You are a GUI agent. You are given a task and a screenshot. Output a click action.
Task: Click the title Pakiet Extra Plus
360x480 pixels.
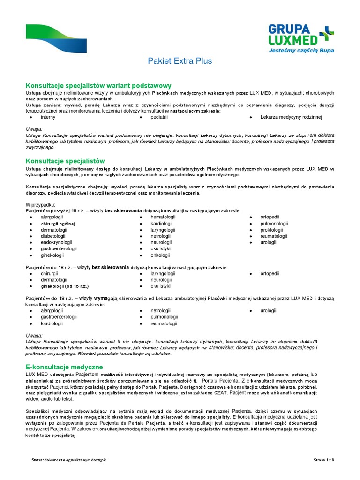click(x=180, y=61)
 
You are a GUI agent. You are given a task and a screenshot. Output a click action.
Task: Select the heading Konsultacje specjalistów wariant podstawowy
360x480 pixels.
click(x=98, y=86)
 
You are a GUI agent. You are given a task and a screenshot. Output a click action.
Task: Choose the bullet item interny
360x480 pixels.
click(x=48, y=117)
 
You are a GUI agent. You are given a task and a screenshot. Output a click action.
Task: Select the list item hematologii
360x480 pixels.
click(x=163, y=217)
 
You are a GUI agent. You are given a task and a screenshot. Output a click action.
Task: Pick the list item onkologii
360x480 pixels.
click(x=160, y=255)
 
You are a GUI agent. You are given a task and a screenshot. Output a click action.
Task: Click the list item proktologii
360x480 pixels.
click(x=275, y=230)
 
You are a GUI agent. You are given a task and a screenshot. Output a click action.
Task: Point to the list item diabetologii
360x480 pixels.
click(x=54, y=236)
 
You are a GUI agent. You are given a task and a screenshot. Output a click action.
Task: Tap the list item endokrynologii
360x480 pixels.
click(x=57, y=243)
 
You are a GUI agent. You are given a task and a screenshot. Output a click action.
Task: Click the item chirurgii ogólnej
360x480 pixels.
click(x=58, y=224)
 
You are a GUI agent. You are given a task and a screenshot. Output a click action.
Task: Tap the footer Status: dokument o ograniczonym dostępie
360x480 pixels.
click(x=66, y=460)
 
